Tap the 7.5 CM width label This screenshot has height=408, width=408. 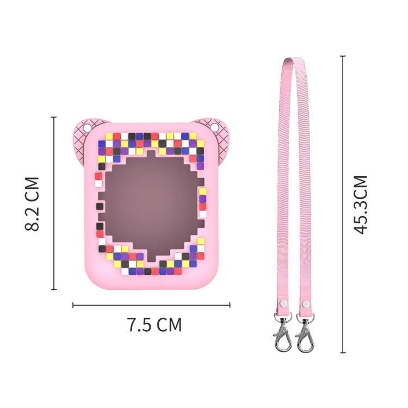pos(154,325)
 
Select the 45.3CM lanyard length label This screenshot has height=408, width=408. pos(360,205)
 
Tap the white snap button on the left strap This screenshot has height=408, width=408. pos(282,303)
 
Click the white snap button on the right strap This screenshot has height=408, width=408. pos(306,303)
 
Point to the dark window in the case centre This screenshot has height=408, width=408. pos(151,209)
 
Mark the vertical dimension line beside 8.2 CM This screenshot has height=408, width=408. pos(54,203)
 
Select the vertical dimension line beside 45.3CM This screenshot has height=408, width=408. pos(343,204)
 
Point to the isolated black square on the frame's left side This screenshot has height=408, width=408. pos(100,207)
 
